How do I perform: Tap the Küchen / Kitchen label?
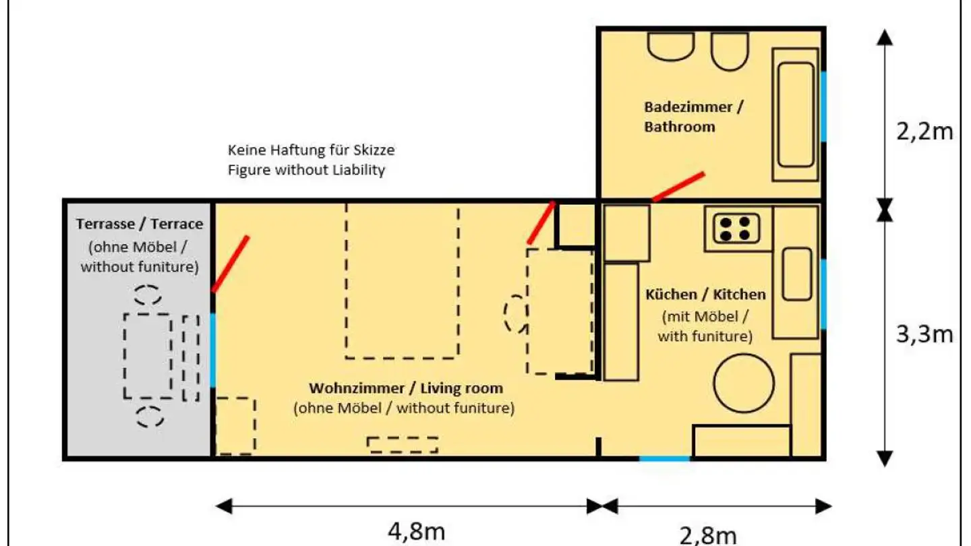point(705,295)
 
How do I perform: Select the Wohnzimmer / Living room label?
point(405,388)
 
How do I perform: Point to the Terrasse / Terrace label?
point(139,223)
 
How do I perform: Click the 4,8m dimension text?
point(415,532)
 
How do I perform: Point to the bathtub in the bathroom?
point(796,115)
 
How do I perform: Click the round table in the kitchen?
point(744,389)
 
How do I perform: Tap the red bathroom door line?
point(678,187)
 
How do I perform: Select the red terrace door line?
point(231,264)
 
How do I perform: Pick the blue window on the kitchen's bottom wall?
point(664,459)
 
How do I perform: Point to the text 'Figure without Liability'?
point(306,170)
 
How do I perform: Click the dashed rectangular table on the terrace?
point(147,355)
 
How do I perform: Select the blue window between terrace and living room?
point(213,350)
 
